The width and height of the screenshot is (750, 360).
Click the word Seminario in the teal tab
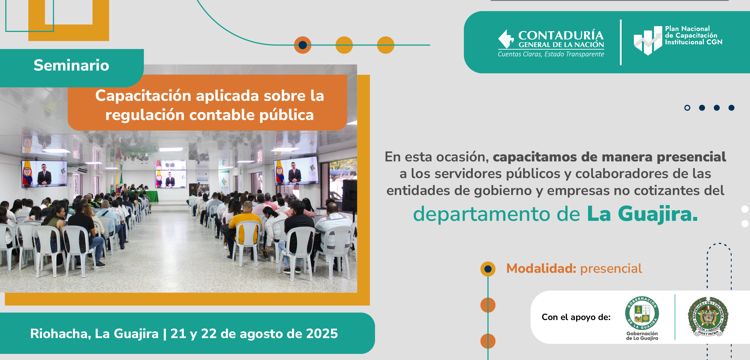(71, 65)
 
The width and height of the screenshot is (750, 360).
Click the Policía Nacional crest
(708, 317)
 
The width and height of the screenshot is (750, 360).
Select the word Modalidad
(541, 268)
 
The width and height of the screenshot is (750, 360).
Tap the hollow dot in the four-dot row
(687, 108)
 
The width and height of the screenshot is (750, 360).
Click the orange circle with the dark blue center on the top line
(302, 45)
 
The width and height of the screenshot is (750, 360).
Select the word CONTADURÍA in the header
(561, 35)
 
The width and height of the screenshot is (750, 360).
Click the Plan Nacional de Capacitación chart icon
(648, 41)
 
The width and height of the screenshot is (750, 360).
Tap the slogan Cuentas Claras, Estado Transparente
(551, 54)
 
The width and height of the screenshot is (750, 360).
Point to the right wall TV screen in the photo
(296, 171)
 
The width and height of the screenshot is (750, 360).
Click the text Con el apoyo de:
(576, 317)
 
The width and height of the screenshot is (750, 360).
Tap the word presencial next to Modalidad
(611, 269)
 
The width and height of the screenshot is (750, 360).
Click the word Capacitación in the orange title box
(143, 96)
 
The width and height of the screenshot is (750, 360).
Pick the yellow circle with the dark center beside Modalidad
(488, 269)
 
